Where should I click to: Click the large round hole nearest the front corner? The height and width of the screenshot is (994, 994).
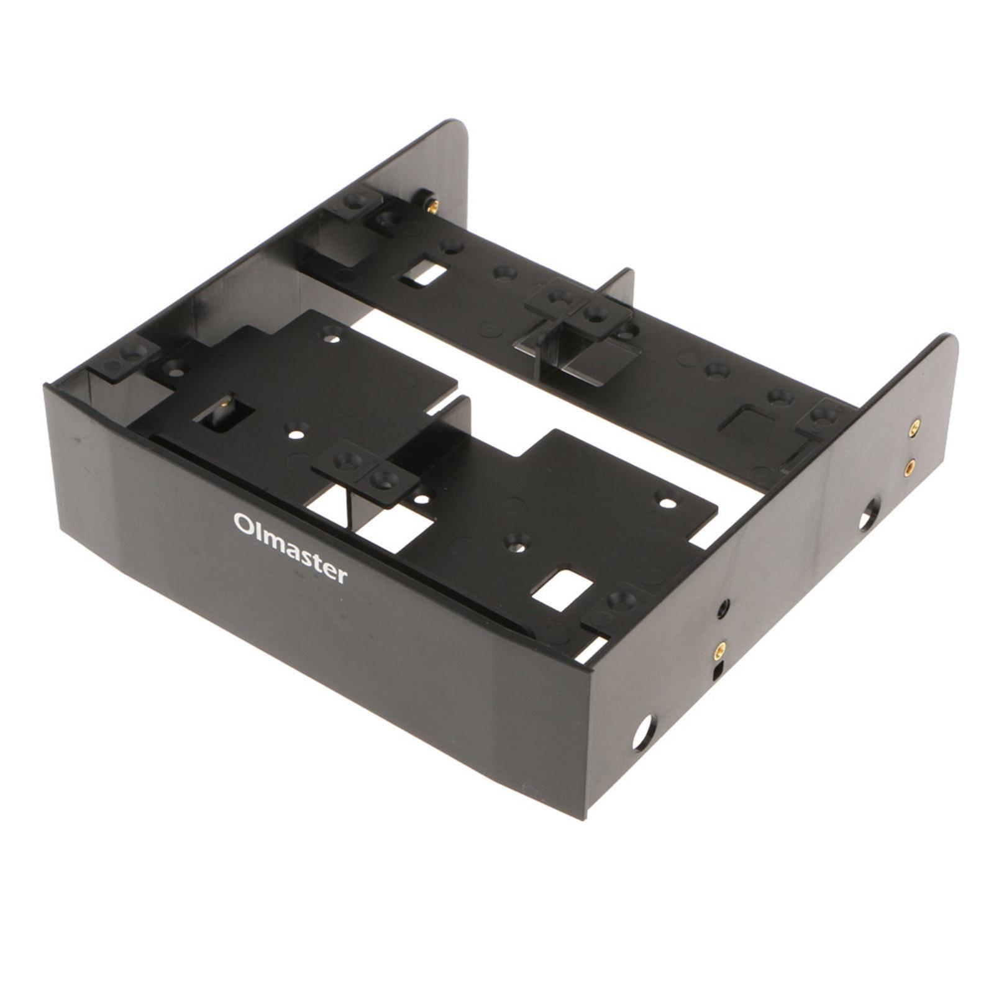click(644, 732)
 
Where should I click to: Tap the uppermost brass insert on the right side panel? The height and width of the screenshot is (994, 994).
click(914, 426)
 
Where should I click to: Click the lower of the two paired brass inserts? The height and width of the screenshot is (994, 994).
click(910, 464)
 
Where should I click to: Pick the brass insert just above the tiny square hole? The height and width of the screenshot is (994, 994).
click(719, 650)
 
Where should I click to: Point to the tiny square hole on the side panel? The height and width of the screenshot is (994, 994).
click(718, 671)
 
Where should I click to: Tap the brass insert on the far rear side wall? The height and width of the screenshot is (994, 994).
click(433, 204)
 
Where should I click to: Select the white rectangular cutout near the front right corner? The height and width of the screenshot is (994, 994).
click(562, 588)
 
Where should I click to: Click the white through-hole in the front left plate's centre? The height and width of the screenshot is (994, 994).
click(298, 428)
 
